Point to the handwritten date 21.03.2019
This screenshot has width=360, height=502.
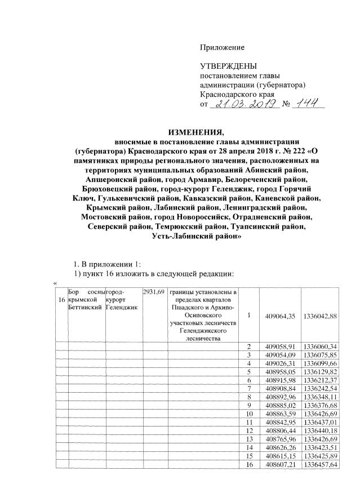tap(245, 104)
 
